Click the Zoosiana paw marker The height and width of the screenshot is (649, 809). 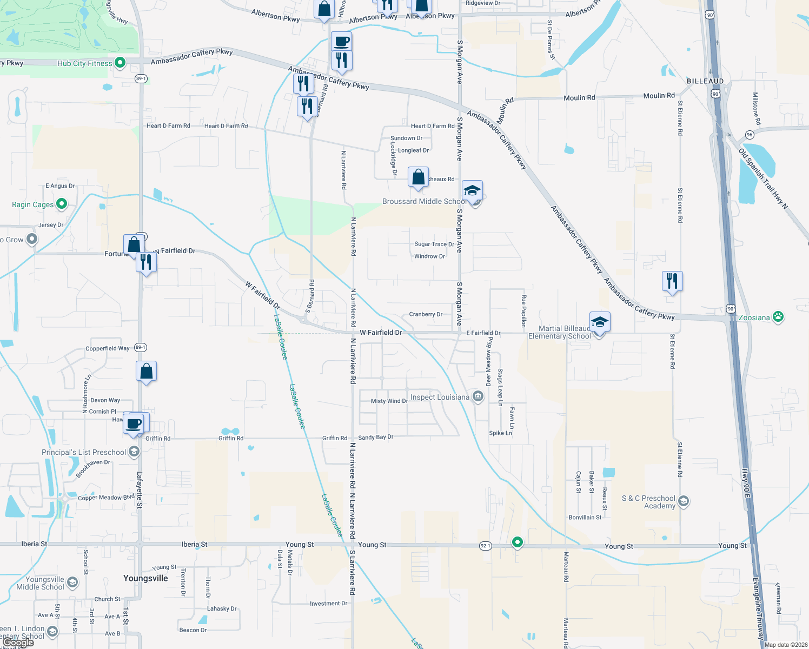point(778,317)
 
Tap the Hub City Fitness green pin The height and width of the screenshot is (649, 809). point(120,63)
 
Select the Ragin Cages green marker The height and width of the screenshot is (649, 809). point(62,204)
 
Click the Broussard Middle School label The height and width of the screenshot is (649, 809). point(424,201)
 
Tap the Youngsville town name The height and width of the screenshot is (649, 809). point(145,578)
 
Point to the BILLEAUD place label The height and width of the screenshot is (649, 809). point(705,81)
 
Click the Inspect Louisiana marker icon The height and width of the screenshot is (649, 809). point(478,396)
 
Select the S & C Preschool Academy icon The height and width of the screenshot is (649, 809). point(683,501)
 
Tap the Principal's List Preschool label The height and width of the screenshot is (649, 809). point(84,452)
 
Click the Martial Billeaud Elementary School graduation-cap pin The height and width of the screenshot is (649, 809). point(600,323)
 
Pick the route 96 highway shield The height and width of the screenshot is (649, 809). point(750,135)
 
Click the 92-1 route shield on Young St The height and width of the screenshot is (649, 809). point(486,546)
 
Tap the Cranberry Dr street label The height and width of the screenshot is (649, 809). point(426,314)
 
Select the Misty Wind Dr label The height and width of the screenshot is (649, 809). point(389,401)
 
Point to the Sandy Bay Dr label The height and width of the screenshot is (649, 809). point(376,437)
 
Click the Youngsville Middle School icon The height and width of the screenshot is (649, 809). point(72,582)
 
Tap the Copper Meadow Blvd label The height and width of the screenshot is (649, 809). point(106,498)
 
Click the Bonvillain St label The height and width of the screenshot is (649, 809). point(585,518)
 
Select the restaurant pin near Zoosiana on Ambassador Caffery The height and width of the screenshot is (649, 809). point(672,281)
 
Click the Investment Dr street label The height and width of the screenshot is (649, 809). point(328,604)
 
